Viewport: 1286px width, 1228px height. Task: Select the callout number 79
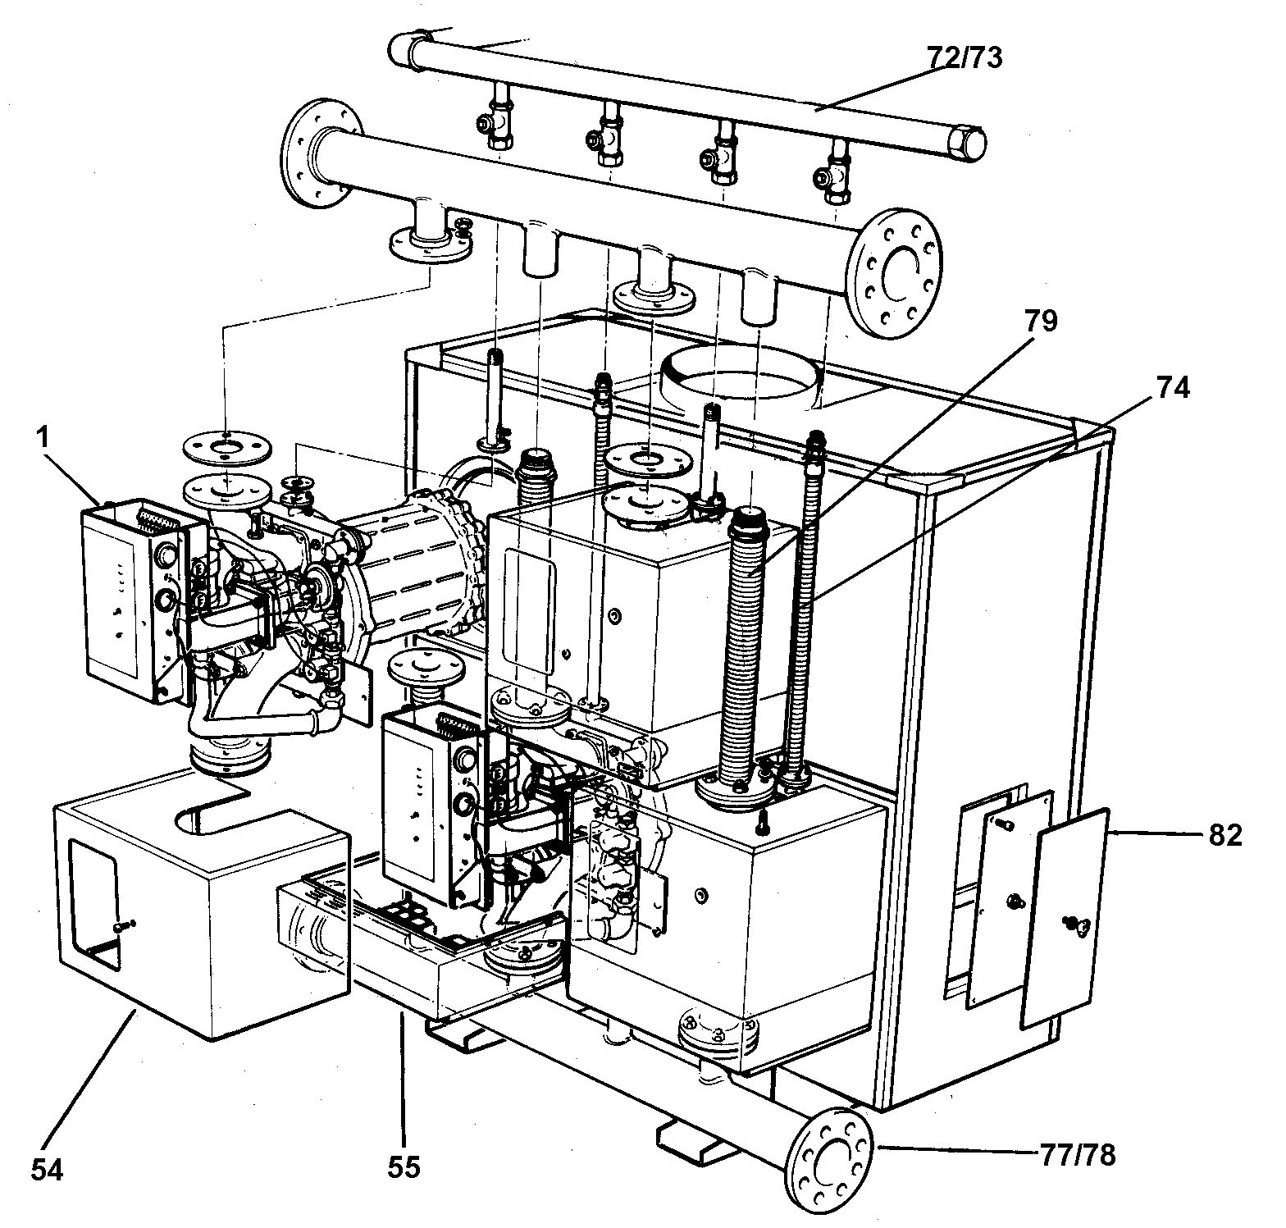pos(1038,322)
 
